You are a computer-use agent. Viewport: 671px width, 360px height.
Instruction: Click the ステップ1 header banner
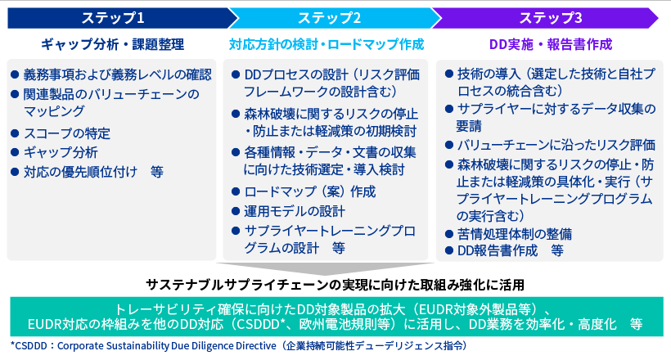click(114, 17)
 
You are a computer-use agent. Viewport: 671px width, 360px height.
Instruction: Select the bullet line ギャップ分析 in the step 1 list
click(61, 152)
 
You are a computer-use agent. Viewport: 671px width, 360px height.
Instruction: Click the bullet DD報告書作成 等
click(509, 250)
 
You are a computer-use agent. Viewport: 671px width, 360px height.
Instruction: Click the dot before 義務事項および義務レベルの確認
click(15, 74)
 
